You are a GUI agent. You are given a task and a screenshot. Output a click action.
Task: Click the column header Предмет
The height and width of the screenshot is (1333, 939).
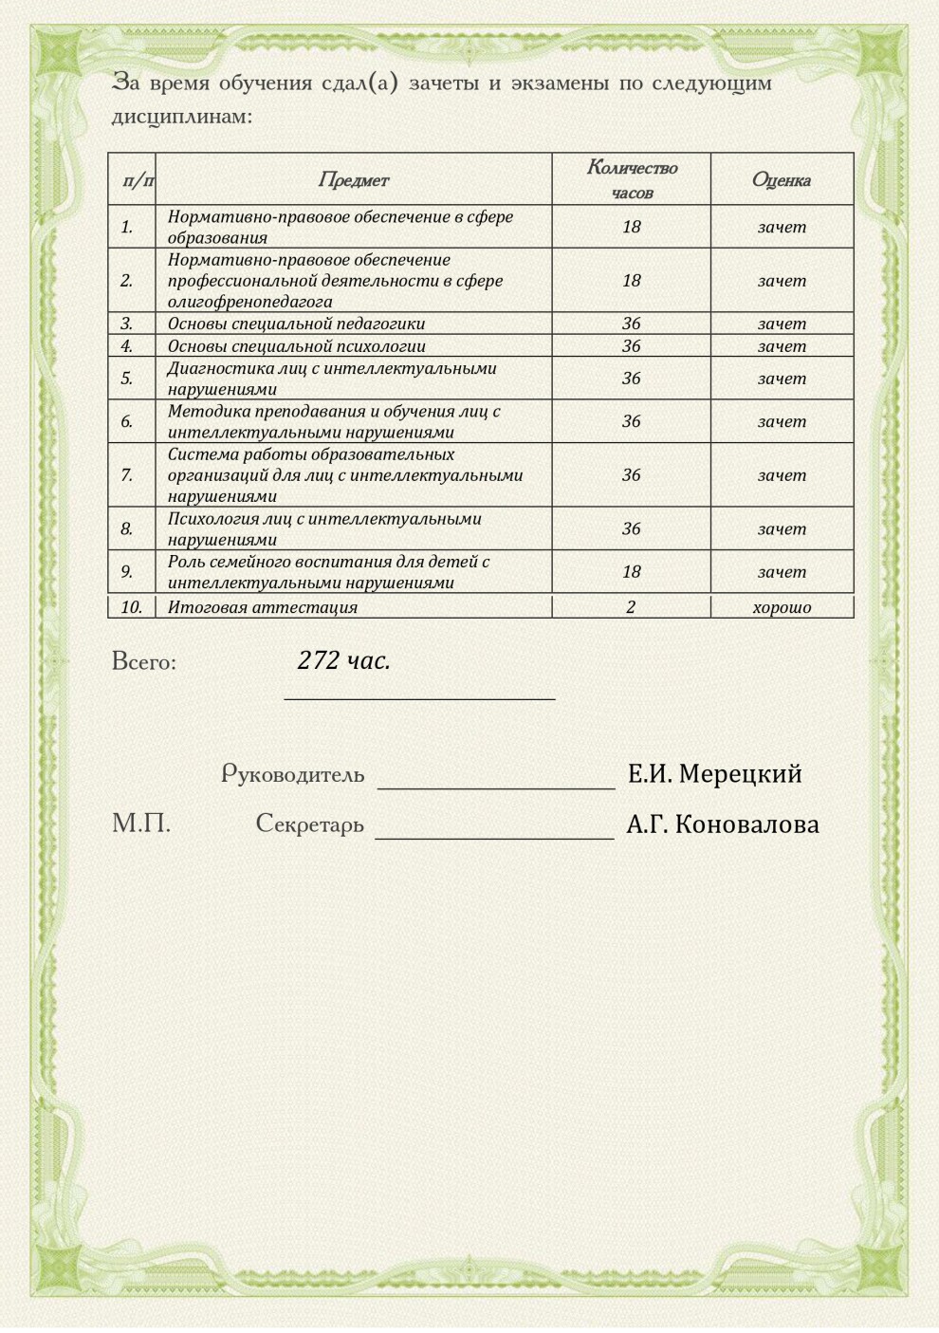(353, 179)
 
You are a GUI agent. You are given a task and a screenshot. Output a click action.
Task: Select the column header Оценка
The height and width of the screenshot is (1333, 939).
(781, 179)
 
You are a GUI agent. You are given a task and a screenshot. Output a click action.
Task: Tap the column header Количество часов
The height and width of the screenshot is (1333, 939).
(632, 179)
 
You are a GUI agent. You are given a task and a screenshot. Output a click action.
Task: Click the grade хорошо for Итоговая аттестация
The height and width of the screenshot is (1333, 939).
(782, 607)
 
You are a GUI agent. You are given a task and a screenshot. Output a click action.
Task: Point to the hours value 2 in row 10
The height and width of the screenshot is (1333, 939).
(631, 607)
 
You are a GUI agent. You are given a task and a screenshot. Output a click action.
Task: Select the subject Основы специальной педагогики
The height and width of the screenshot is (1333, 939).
(296, 324)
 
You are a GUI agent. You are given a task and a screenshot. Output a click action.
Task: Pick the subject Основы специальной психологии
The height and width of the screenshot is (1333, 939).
(296, 346)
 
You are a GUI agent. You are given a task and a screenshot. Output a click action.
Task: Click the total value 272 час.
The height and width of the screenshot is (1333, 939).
(343, 660)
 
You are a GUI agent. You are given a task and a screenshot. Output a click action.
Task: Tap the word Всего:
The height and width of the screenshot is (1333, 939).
(144, 661)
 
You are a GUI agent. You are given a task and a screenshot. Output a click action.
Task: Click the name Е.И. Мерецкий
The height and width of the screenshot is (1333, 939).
(714, 774)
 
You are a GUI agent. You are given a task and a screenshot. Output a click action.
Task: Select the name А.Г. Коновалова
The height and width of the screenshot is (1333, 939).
(722, 824)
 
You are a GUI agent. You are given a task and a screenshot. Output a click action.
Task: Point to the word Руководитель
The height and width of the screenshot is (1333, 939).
(292, 774)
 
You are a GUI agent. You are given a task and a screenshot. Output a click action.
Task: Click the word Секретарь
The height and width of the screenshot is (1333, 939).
(309, 824)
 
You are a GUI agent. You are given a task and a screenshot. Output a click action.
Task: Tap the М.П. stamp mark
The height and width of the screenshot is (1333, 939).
(141, 823)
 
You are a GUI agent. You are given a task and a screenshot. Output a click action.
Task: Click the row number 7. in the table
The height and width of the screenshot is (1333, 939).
(127, 474)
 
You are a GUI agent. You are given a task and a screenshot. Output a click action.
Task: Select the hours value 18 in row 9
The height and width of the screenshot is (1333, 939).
(631, 571)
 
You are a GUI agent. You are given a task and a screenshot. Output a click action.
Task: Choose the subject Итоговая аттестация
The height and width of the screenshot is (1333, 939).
(263, 607)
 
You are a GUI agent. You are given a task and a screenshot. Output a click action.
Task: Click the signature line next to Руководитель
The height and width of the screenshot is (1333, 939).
(496, 786)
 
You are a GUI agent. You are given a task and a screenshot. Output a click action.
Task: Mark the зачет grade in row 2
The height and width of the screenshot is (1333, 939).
(782, 280)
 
